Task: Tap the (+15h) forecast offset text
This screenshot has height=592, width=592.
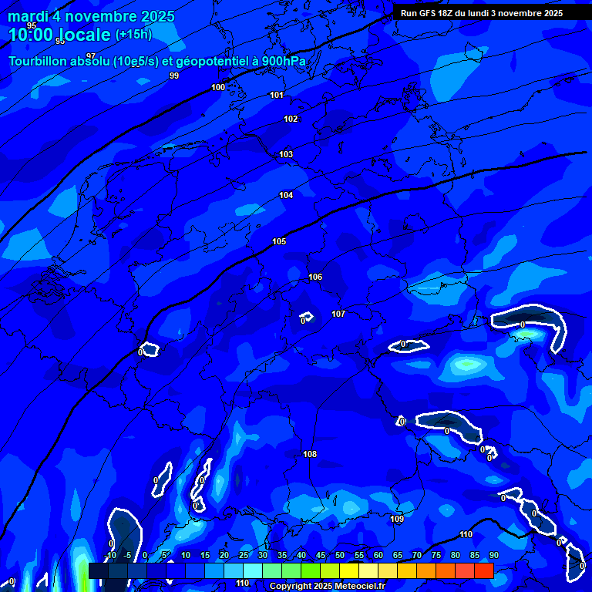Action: [133, 35]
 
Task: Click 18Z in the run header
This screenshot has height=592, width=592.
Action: [446, 13]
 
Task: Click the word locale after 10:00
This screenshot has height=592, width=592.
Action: [82, 35]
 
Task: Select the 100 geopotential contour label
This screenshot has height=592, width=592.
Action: [218, 87]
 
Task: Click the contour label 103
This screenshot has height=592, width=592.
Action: [286, 154]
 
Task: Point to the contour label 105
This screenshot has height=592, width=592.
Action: [279, 241]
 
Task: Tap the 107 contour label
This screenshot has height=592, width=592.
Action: [338, 314]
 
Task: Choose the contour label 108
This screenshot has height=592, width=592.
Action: [310, 454]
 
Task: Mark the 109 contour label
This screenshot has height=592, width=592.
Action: [397, 519]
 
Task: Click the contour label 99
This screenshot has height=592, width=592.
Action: [174, 76]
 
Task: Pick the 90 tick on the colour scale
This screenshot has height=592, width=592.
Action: [493, 555]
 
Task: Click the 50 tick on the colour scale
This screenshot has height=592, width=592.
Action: [340, 555]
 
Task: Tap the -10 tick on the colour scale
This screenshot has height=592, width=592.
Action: [111, 555]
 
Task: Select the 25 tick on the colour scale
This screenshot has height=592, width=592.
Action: [244, 555]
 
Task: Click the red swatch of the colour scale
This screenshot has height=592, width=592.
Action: [483, 570]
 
